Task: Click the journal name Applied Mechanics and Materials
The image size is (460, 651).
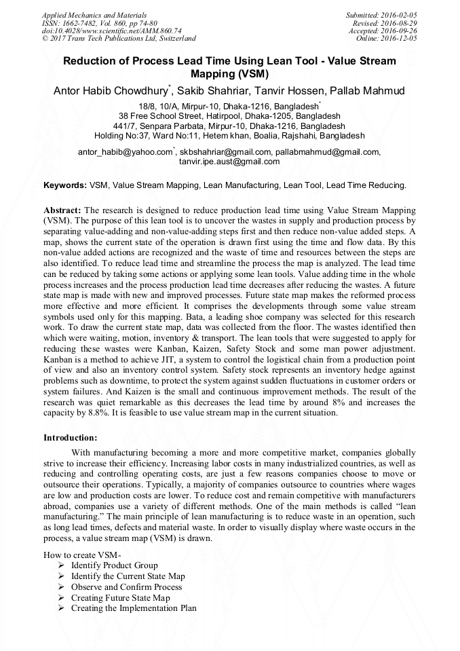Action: [x=94, y=15]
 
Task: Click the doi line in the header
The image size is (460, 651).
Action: [x=111, y=31]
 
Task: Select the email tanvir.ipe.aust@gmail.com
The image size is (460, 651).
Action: [x=229, y=162]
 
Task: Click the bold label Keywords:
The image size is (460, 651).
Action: [x=65, y=185]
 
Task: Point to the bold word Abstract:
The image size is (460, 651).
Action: [x=62, y=211]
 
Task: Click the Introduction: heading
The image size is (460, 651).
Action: [x=70, y=437]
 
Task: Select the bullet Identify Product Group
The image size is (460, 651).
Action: [x=114, y=565]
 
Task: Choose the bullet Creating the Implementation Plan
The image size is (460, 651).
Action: [x=134, y=608]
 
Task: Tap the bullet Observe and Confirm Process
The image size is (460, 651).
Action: [x=126, y=587]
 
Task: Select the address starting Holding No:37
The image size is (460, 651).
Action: [x=229, y=135]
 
